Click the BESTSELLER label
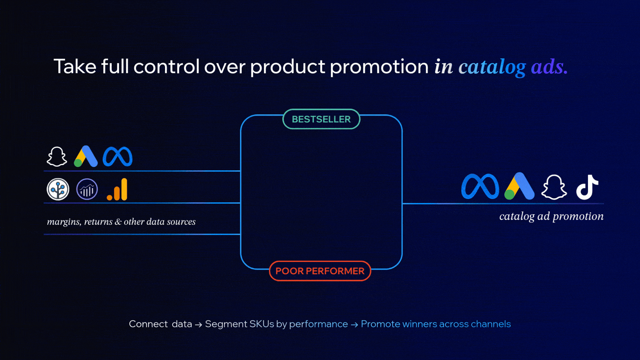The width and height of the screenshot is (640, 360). point(321,119)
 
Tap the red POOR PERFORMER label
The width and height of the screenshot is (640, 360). point(320,271)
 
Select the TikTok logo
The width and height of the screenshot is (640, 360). point(587,187)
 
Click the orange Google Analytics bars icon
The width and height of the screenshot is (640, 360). point(117,189)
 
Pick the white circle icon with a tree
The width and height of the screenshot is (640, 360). point(58,189)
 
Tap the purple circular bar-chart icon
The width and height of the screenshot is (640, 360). point(87,189)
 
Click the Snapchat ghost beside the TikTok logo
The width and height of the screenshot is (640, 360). point(554,187)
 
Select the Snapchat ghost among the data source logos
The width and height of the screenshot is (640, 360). point(57,156)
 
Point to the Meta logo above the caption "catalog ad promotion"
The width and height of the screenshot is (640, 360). point(480,186)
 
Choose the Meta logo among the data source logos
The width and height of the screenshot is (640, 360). point(118,156)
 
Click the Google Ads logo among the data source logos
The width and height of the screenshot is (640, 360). point(86,156)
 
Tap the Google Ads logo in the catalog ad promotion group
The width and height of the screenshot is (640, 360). point(519,186)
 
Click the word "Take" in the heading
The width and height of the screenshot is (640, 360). point(75,66)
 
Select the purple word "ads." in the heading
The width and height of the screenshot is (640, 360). point(549,66)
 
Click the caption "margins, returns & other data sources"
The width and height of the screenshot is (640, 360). point(121,222)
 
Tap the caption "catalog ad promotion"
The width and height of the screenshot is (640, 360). point(551,216)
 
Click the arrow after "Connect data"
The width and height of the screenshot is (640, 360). point(198,324)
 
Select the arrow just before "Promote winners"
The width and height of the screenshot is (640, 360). point(354,324)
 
